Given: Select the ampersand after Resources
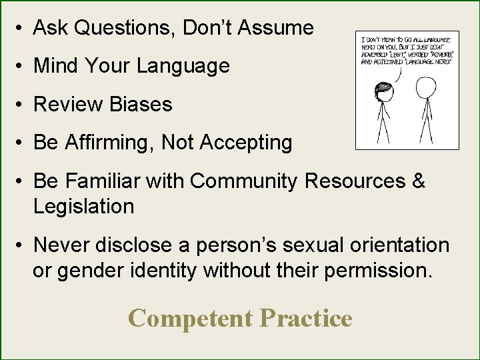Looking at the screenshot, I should pyautogui.click(x=418, y=181).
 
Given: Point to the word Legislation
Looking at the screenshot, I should pyautogui.click(x=83, y=207).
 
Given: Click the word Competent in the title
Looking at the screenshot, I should pyautogui.click(x=190, y=318).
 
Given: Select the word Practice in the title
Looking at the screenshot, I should pyautogui.click(x=306, y=318).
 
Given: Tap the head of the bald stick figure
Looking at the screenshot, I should pyautogui.click(x=425, y=87).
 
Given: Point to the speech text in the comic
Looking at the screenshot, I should pyautogui.click(x=406, y=50).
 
